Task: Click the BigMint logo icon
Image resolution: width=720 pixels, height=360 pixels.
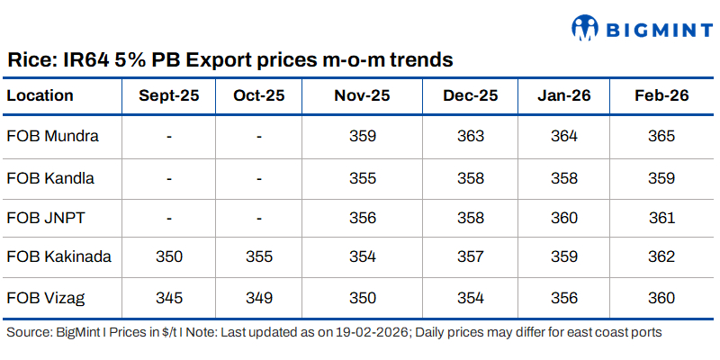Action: [x=586, y=28]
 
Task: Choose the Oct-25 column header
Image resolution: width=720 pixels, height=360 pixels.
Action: [x=258, y=95]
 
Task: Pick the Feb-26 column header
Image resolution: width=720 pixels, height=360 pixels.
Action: [x=661, y=95]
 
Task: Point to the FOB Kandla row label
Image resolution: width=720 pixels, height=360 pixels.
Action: [x=50, y=177]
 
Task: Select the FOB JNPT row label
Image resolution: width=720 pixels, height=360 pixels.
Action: [x=46, y=217]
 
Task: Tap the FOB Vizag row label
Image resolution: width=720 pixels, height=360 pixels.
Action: [x=46, y=297]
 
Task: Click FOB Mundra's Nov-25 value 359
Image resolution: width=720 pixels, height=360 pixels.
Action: [x=363, y=136]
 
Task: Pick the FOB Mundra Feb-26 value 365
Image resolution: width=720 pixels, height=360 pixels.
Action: [x=661, y=136]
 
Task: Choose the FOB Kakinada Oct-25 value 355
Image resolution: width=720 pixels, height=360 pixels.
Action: [x=258, y=256]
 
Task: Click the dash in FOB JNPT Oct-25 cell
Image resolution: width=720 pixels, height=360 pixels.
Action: [x=258, y=217]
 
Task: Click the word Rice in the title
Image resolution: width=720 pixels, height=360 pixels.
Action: [x=29, y=61]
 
